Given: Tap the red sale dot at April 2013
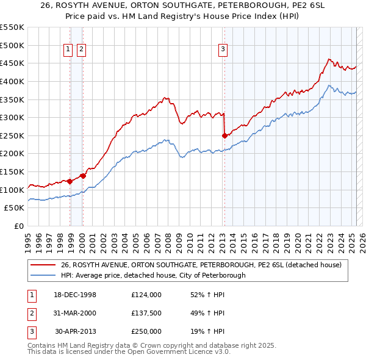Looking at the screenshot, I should (224, 135).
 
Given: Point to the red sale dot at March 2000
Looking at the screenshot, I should (83, 176).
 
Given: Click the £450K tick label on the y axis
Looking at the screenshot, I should (12, 63).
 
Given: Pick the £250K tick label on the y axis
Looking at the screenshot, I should (12, 135).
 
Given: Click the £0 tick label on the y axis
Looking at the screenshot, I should (19, 226).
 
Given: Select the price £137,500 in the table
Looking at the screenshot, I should (146, 313).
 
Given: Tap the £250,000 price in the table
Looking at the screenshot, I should (146, 331).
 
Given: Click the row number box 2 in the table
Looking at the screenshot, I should (31, 313).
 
